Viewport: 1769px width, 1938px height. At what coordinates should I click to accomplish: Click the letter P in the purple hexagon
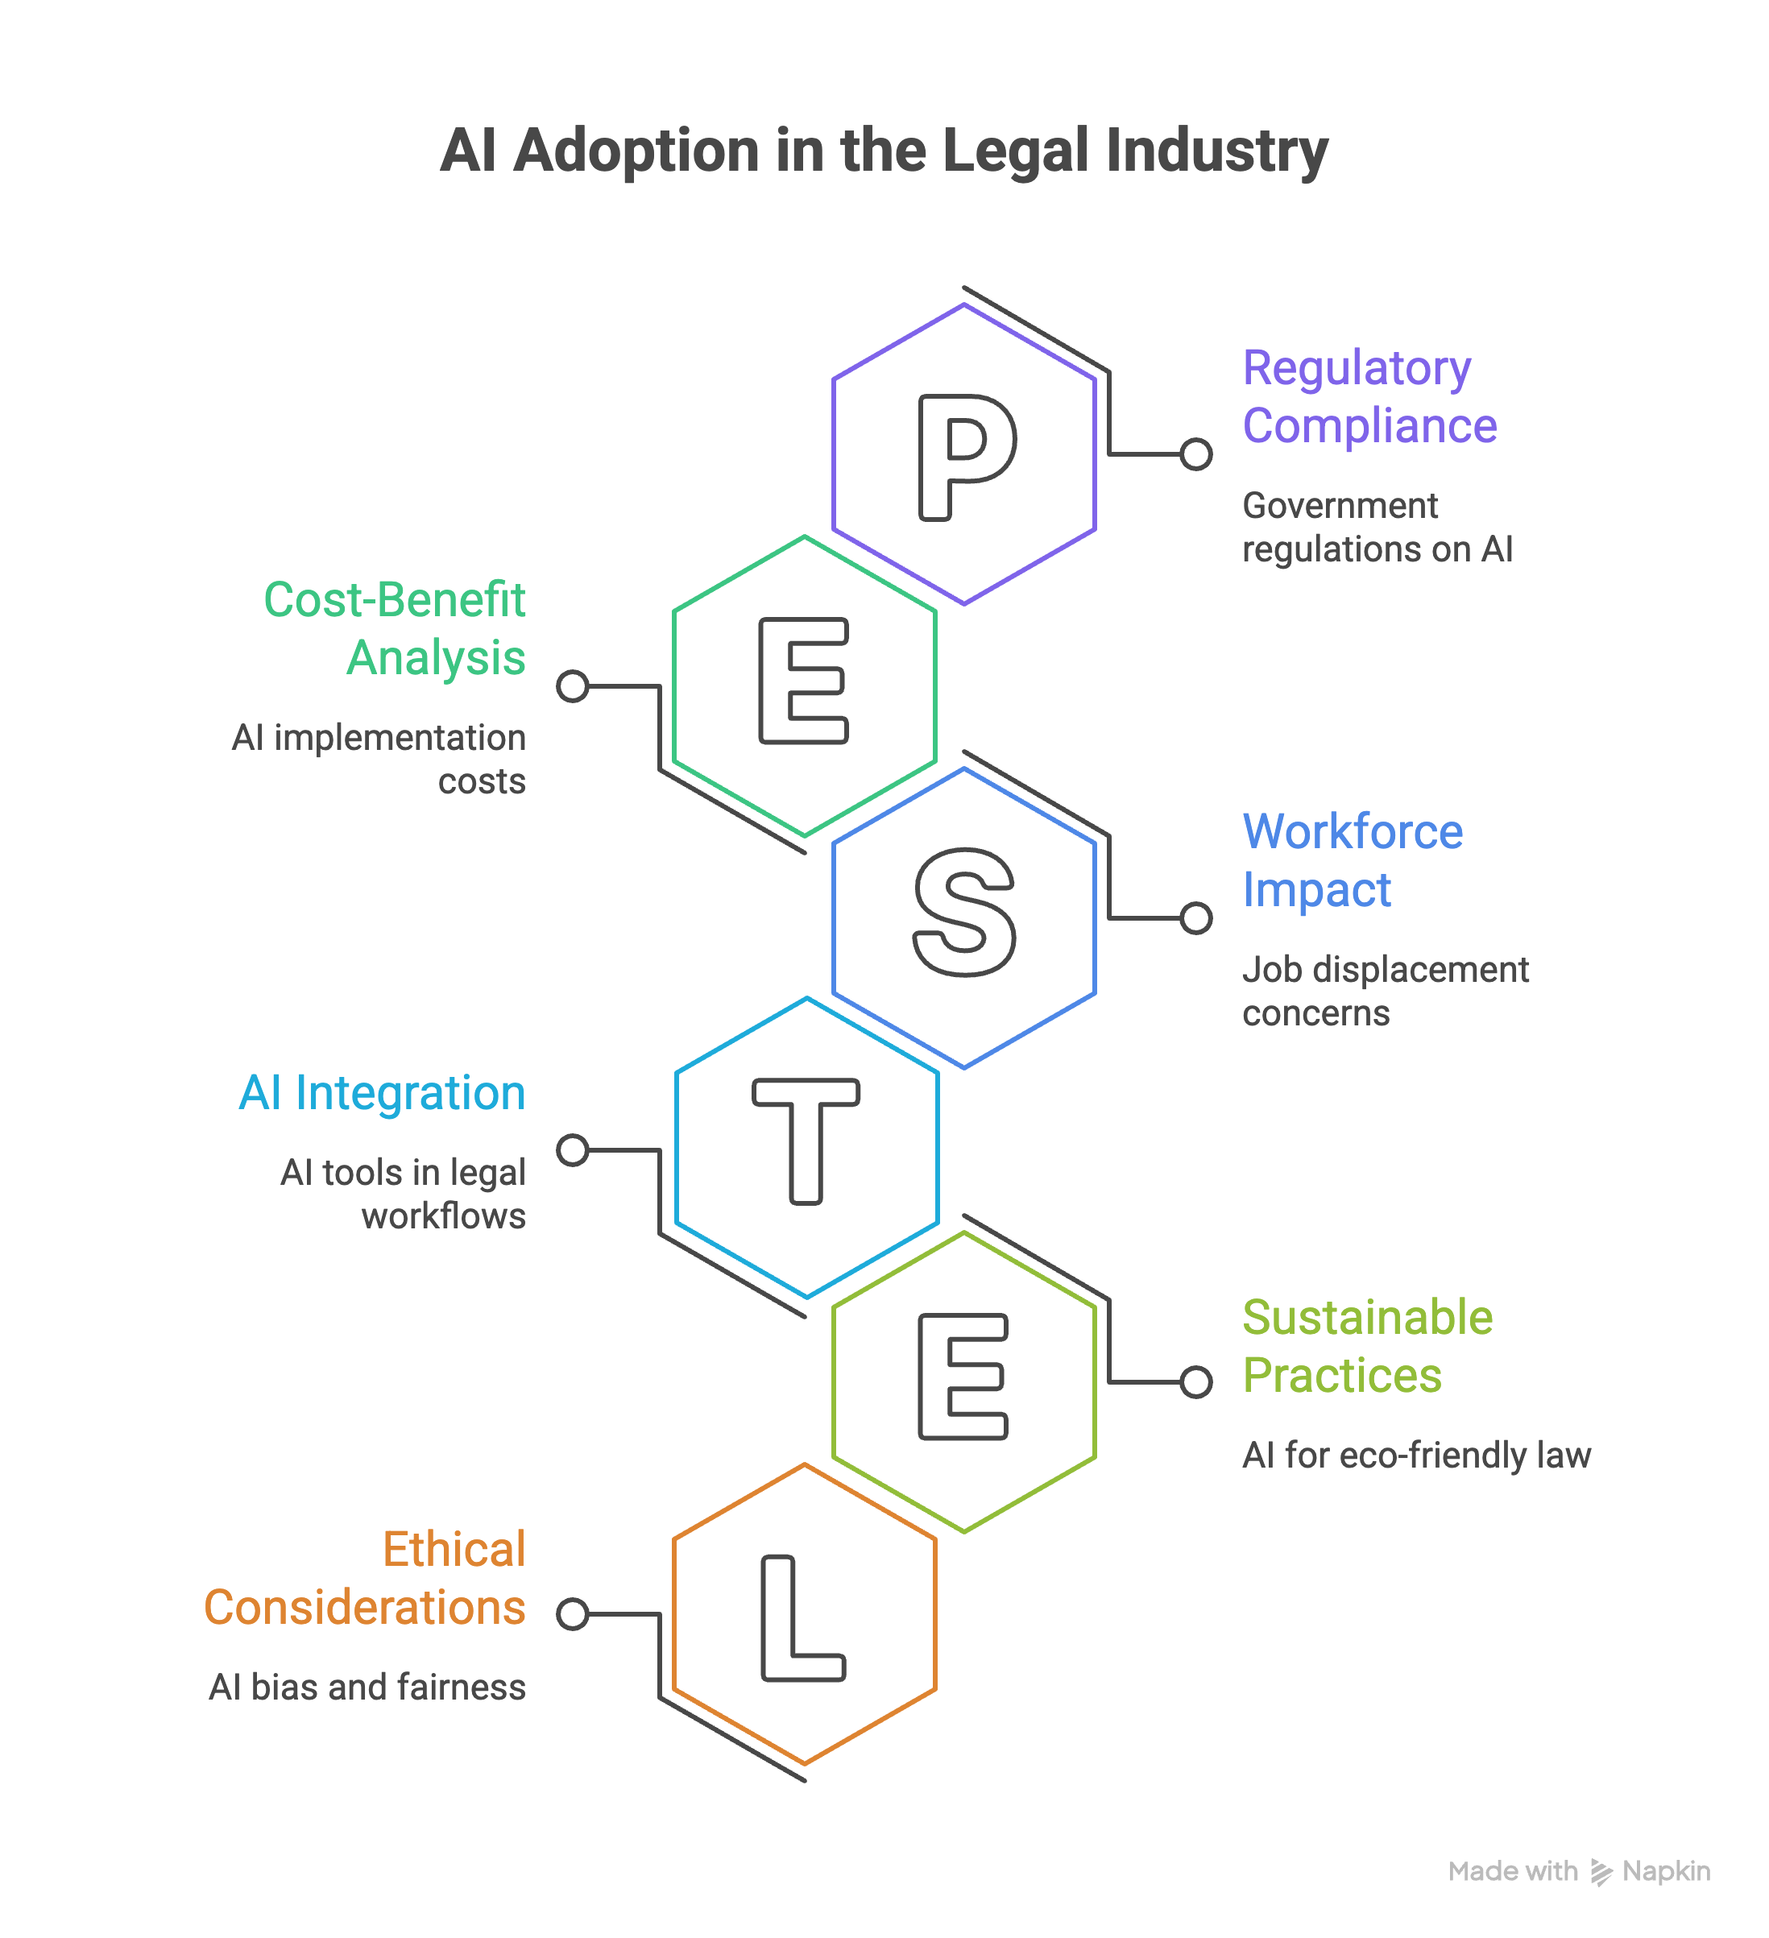pyautogui.click(x=933, y=458)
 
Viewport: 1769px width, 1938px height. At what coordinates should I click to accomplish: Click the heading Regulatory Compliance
pyautogui.click(x=1369, y=396)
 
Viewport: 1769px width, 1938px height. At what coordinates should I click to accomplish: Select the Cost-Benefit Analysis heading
pyautogui.click(x=394, y=629)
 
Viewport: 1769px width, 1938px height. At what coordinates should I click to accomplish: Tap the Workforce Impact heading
pyautogui.click(x=1352, y=860)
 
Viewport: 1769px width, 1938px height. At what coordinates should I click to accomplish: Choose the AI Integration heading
pyautogui.click(x=382, y=1093)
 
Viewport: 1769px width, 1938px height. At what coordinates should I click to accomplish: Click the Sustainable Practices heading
pyautogui.click(x=1367, y=1346)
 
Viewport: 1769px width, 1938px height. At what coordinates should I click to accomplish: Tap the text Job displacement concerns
pyautogui.click(x=1385, y=991)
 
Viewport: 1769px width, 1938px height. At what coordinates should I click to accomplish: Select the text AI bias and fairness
pyautogui.click(x=367, y=1687)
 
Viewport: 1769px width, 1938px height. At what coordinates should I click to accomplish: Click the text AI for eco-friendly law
pyautogui.click(x=1416, y=1456)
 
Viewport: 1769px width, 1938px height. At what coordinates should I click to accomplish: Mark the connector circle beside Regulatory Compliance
pyautogui.click(x=1196, y=453)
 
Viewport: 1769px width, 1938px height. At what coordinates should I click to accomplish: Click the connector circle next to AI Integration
pyautogui.click(x=573, y=1149)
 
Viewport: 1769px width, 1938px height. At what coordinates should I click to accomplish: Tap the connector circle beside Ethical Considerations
pyautogui.click(x=573, y=1614)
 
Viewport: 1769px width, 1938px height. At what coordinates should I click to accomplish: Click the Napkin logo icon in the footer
pyautogui.click(x=1601, y=1873)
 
